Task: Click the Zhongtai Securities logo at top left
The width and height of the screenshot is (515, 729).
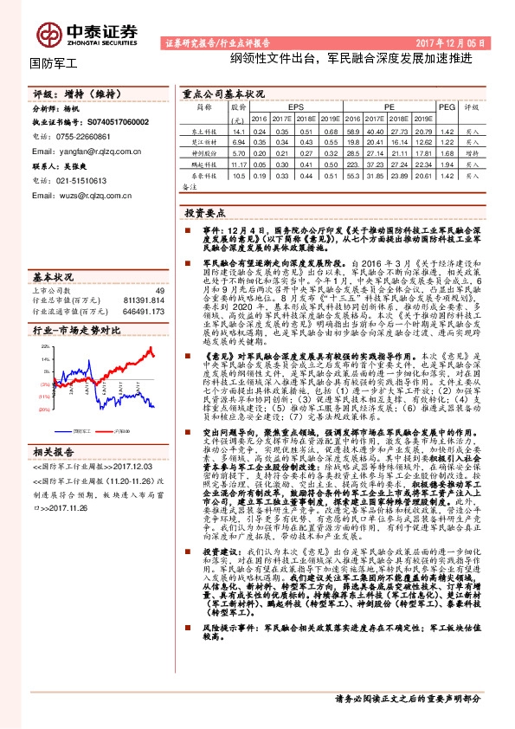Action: [86, 33]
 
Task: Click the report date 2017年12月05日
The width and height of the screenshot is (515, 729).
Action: [460, 42]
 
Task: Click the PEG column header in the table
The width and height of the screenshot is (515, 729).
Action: [447, 106]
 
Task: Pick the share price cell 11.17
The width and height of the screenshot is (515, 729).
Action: [240, 163]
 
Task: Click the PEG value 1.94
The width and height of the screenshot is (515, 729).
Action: [447, 163]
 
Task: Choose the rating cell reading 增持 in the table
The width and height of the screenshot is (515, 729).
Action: [472, 152]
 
